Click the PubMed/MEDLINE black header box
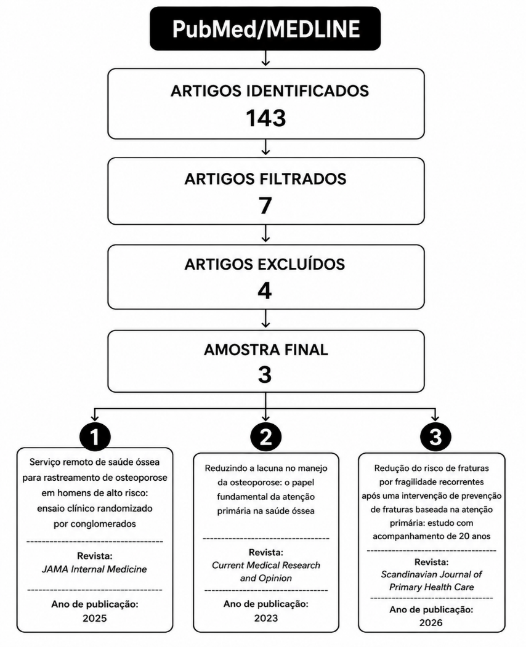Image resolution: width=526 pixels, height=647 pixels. click(265, 28)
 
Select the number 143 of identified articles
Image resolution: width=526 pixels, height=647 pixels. click(266, 118)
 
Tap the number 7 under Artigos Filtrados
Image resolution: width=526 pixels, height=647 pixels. click(265, 206)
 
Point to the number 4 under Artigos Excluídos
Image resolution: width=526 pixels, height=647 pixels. click(265, 291)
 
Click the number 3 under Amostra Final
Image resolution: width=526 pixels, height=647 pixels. click(265, 375)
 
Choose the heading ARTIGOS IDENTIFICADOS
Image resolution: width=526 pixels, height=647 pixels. click(270, 90)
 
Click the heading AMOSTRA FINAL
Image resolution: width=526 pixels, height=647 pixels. click(266, 350)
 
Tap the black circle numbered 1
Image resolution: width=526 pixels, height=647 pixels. click(95, 436)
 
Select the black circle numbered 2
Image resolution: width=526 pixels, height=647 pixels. click(266, 436)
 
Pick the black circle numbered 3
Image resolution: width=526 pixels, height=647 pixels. click(435, 436)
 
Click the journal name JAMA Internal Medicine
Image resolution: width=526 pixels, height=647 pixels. click(94, 569)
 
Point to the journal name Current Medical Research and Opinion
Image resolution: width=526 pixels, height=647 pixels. click(266, 571)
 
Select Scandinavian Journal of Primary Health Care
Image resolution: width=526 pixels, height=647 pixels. click(431, 581)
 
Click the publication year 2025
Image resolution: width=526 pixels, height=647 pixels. click(95, 618)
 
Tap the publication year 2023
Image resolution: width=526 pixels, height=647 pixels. click(266, 618)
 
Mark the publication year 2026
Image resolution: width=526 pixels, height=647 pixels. click(431, 622)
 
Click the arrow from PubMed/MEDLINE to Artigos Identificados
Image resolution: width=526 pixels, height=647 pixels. click(265, 58)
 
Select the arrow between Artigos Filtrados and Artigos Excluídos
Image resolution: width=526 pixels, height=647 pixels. click(265, 233)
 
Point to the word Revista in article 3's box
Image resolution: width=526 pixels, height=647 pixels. click(431, 562)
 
